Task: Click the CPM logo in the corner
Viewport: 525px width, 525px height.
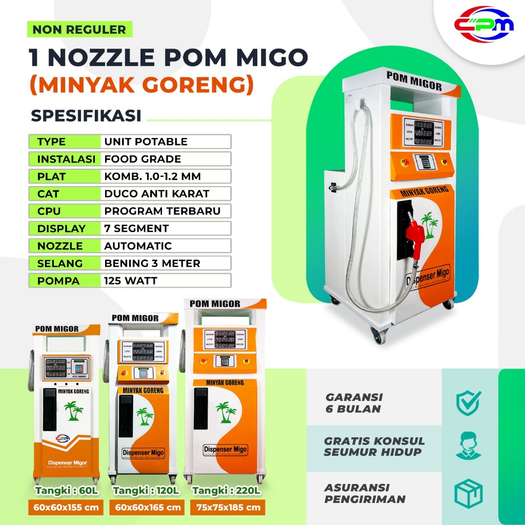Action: [483, 25]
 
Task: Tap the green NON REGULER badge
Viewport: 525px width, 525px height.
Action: [79, 29]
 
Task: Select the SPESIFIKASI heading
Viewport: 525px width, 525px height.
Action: [86, 115]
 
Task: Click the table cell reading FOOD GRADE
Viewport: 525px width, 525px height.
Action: [143, 159]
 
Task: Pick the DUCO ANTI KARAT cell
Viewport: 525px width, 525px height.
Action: [157, 194]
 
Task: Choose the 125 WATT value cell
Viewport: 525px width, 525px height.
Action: [130, 281]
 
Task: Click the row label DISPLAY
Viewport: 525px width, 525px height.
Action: [61, 229]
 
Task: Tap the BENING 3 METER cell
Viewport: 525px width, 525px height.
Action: [152, 264]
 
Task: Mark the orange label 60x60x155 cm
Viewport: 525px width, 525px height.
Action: [66, 508]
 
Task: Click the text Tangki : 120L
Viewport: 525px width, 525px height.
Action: [146, 491]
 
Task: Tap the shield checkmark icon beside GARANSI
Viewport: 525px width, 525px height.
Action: [468, 402]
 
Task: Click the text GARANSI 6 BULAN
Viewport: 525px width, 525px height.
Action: [354, 403]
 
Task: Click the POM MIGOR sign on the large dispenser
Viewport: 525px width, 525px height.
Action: [414, 82]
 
